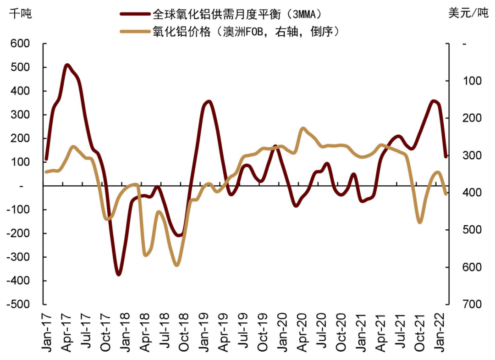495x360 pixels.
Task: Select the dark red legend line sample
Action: [135, 14]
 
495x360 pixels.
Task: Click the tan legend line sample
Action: [135, 32]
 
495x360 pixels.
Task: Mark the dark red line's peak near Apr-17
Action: [67, 65]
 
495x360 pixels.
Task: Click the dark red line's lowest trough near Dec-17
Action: [119, 274]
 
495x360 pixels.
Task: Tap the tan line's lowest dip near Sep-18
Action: [177, 265]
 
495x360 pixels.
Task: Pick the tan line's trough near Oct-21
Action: [419, 222]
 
